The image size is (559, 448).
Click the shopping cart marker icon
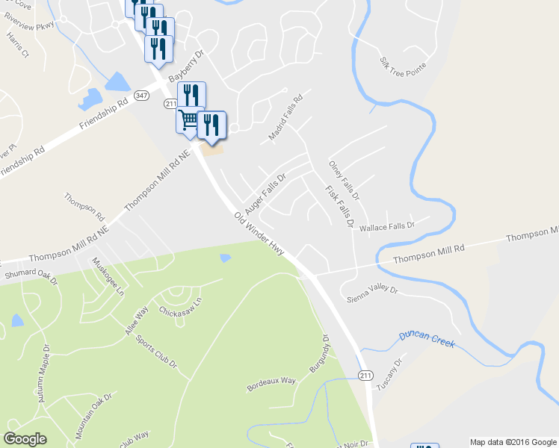189,119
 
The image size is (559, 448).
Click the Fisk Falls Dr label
339,205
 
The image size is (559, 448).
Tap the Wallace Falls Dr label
387,226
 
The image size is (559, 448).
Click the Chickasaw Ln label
180,308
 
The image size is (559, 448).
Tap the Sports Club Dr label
155,352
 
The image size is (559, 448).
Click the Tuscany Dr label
389,374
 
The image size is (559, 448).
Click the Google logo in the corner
25,439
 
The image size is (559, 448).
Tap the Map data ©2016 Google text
512,442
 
